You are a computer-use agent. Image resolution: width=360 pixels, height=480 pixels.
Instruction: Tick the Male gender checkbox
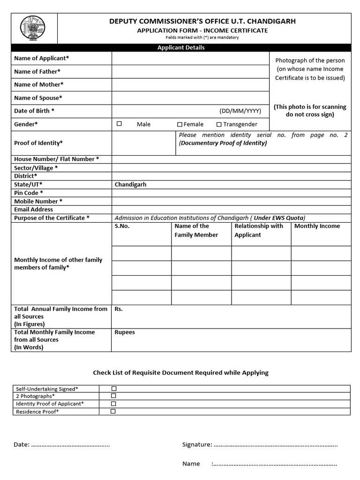click(x=119, y=124)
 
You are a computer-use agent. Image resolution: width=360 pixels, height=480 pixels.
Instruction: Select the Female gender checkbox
click(x=180, y=124)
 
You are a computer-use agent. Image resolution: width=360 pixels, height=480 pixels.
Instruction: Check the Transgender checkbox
click(x=219, y=124)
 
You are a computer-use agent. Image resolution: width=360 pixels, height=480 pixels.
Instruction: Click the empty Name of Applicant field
click(x=190, y=59)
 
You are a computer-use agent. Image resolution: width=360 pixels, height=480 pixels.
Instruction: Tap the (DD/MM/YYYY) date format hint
click(x=240, y=111)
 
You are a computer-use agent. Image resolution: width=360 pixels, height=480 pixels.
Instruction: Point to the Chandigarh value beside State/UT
click(x=130, y=185)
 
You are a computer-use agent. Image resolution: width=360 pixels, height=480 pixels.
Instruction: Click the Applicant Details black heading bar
click(x=181, y=47)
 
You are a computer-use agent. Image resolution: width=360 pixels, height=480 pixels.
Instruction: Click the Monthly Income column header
click(x=317, y=226)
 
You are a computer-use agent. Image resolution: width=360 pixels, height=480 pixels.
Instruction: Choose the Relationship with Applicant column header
click(x=259, y=230)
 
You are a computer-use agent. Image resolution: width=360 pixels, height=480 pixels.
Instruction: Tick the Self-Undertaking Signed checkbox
click(x=113, y=389)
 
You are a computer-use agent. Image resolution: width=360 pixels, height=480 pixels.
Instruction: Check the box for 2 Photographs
click(x=113, y=396)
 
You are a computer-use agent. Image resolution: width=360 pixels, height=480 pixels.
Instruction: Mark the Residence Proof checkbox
click(x=113, y=411)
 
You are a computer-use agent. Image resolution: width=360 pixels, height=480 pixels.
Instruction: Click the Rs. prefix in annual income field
click(x=119, y=309)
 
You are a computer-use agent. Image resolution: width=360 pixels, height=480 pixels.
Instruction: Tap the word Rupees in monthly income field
click(x=125, y=332)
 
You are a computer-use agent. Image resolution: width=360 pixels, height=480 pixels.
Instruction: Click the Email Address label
click(x=33, y=210)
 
